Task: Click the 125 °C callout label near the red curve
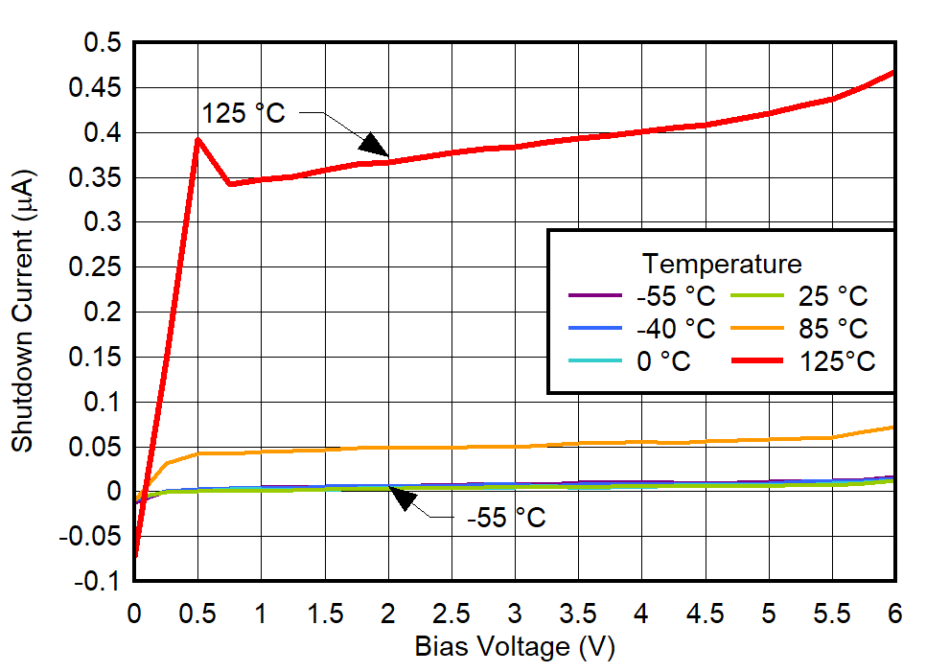click(243, 113)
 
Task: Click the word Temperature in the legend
click(722, 264)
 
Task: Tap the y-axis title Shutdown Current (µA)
click(22, 312)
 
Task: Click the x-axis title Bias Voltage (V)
click(514, 647)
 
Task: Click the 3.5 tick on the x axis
click(578, 612)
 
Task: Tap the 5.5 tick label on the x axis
click(831, 612)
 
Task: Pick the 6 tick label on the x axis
click(894, 612)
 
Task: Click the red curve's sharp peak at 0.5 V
click(197, 139)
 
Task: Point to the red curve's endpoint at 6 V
click(893, 72)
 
